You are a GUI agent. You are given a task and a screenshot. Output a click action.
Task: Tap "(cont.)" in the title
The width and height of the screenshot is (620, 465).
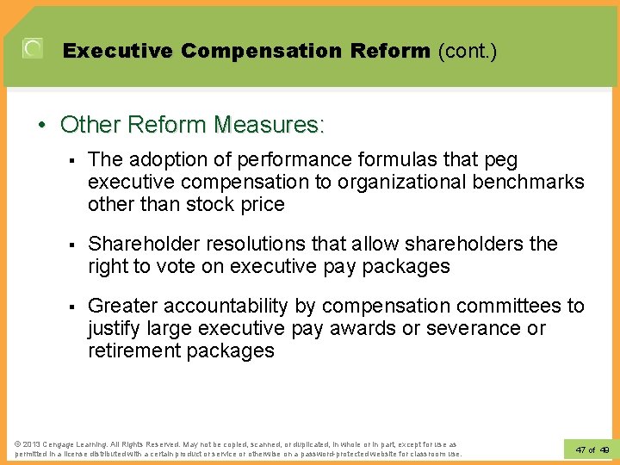tap(467, 51)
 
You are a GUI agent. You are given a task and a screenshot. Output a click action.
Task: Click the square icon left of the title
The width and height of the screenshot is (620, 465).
tap(33, 49)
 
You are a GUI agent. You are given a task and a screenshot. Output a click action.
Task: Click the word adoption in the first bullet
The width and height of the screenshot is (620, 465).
tap(162, 159)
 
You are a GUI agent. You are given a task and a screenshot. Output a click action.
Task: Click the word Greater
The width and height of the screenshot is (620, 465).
tap(122, 306)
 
